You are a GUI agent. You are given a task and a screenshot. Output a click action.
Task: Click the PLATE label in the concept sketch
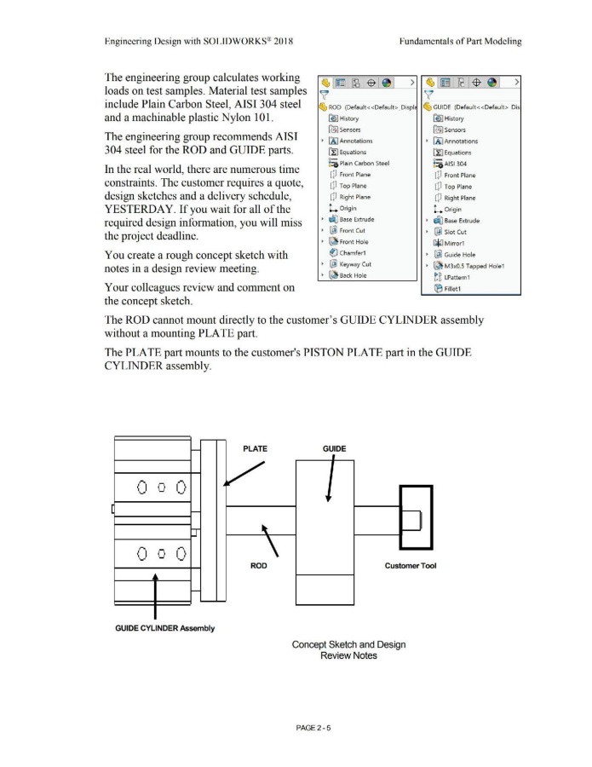(x=256, y=449)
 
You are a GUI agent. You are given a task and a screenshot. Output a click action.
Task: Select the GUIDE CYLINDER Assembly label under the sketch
(x=164, y=629)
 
